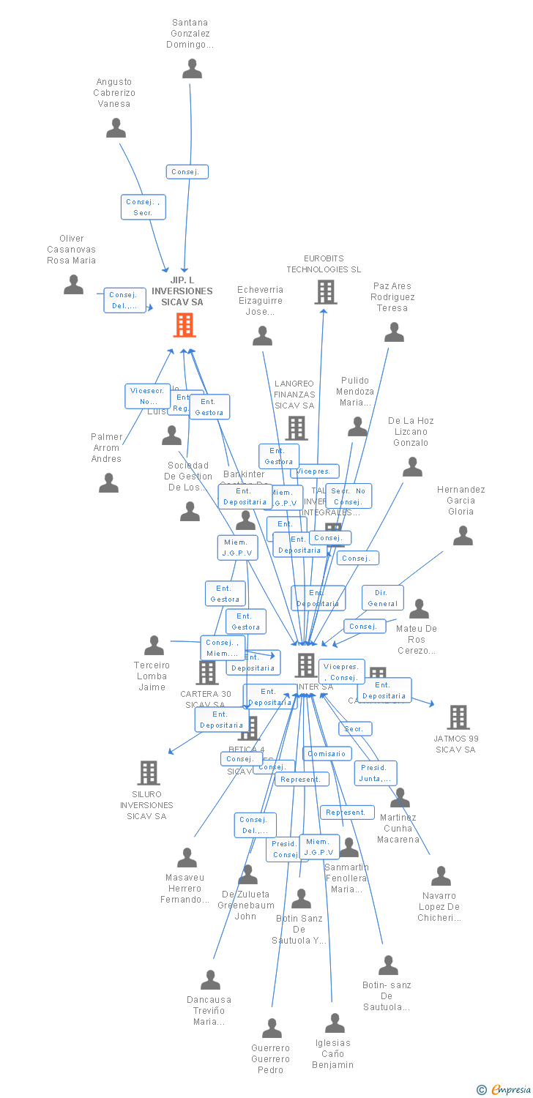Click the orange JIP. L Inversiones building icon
[184, 325]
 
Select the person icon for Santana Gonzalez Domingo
[192, 69]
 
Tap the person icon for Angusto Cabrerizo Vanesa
[116, 128]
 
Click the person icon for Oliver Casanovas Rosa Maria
[73, 285]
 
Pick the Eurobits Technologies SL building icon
[326, 292]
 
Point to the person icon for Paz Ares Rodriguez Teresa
[394, 332]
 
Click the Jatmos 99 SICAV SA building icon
[458, 717]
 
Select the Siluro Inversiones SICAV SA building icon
[149, 773]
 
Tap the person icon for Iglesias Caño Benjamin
[335, 1023]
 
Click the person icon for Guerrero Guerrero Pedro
[272, 1028]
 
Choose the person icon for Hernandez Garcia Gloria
[463, 536]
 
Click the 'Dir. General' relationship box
[383, 598]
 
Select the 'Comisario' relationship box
[327, 753]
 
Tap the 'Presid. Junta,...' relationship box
[376, 773]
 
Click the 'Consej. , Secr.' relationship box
[143, 207]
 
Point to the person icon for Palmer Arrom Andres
[108, 482]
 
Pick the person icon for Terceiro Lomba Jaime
[154, 645]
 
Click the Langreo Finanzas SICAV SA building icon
[297, 428]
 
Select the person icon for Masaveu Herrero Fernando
[187, 857]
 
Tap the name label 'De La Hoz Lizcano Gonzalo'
[411, 432]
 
